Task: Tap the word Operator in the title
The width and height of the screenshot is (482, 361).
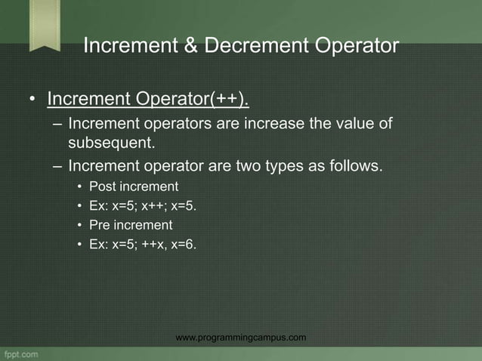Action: (x=354, y=46)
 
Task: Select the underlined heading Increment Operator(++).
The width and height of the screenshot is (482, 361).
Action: (x=147, y=99)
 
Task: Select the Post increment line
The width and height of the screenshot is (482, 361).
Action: (x=134, y=186)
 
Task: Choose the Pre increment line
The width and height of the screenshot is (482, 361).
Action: (x=131, y=225)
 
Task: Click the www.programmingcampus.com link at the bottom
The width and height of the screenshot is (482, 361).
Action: (x=240, y=338)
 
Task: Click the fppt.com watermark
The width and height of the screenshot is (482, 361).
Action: (x=23, y=353)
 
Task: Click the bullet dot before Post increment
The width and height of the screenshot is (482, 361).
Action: (x=79, y=187)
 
